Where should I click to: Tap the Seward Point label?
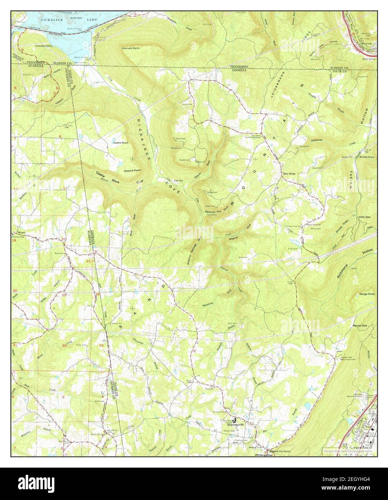click(132, 170)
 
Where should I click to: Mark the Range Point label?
click(367, 294)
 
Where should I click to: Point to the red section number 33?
click(101, 346)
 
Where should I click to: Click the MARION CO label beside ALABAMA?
click(55, 62)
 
